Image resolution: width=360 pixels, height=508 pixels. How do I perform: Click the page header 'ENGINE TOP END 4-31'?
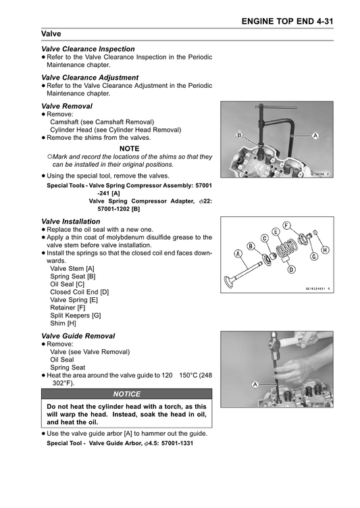pos(287,22)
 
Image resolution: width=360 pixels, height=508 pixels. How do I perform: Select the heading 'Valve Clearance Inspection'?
pos(88,49)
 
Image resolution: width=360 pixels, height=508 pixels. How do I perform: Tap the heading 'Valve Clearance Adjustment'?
pos(90,78)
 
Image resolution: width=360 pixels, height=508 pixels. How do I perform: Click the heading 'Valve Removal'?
pos(67,106)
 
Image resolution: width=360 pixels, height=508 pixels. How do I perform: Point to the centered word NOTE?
pos(129,149)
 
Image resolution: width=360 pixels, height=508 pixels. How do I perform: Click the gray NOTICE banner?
pos(127,394)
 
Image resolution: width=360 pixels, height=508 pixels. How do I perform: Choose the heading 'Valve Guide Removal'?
pos(78,336)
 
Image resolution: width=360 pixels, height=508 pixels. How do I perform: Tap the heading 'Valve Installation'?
pos(71,222)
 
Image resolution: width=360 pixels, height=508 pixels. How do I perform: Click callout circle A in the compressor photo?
pos(315,135)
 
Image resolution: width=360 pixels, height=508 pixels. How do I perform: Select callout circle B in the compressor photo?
pos(239,135)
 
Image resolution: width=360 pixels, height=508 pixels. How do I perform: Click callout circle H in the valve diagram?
pos(325,250)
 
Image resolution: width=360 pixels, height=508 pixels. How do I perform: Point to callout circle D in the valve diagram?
pos(292,270)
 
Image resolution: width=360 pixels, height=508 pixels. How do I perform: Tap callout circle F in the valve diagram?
pos(286,225)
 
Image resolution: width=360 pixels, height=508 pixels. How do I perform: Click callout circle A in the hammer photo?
pos(255,384)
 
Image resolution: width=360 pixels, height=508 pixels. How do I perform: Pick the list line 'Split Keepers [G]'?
pos(76,315)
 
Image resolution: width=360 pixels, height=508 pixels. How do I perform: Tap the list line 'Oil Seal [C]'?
pos(67,284)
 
